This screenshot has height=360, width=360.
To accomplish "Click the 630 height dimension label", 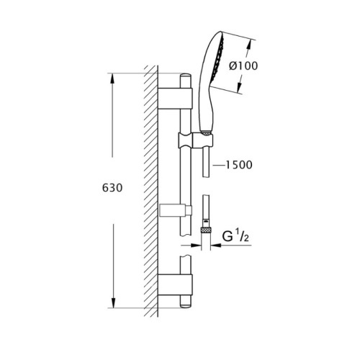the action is coord(112,188).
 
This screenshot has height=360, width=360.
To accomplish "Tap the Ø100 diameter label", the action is coord(243,66).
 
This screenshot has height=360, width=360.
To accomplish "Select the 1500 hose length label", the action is coord(239,165).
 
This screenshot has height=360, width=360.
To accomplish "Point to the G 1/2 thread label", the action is coord(235,236).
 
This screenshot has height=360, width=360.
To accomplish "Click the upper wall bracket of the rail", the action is coord(175,99).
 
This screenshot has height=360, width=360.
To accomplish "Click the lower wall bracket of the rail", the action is coord(175,285).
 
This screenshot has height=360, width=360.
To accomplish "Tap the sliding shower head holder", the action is coord(195,140).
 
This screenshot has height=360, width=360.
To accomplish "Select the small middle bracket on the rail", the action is coord(176,210).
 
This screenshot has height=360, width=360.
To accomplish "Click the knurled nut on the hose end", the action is coord(207,230).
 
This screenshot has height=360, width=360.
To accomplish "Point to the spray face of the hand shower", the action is coord(218,59).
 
